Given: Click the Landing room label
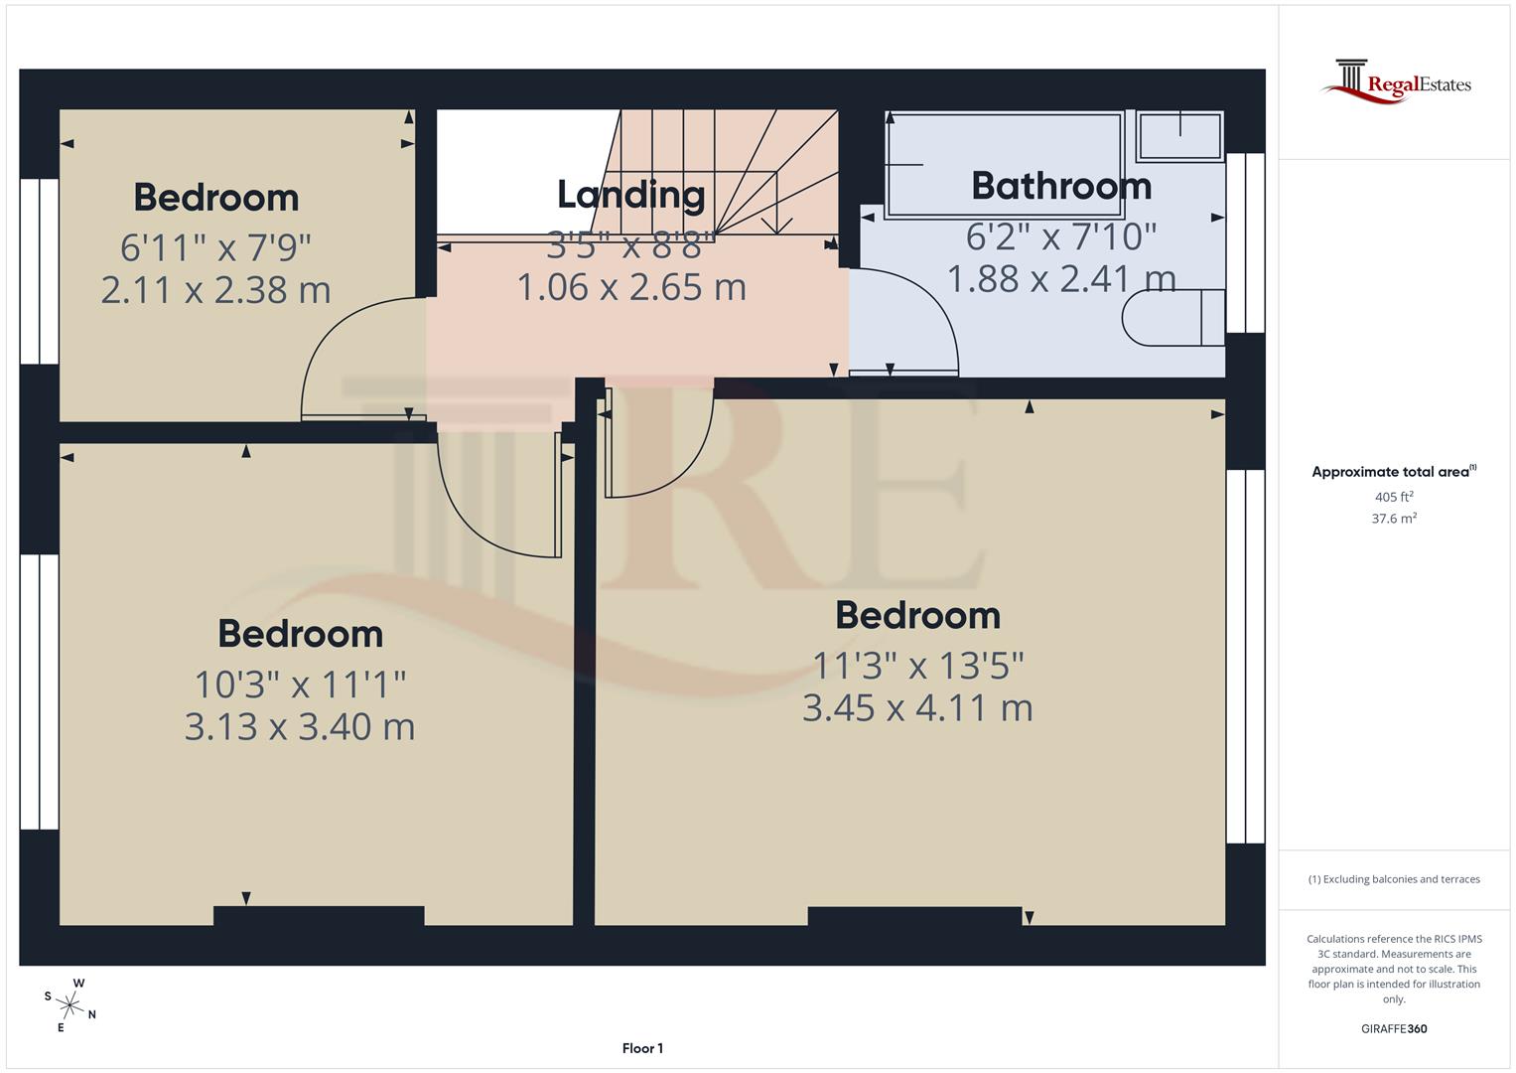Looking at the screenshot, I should tap(630, 195).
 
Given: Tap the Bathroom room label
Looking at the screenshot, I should tap(1060, 186).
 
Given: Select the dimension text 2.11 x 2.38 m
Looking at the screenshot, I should tap(215, 289).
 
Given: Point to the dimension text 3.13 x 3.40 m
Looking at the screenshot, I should tap(300, 726).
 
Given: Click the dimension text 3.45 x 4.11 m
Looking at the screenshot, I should tap(917, 707).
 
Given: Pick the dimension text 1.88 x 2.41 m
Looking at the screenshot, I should tap(1060, 278).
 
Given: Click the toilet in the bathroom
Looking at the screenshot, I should tap(1172, 318).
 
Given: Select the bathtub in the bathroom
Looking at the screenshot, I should tap(1004, 164).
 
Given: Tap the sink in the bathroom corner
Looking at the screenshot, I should tap(1179, 136).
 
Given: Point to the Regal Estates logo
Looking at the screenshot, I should tap(1396, 83).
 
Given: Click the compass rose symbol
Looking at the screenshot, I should tap(70, 1004).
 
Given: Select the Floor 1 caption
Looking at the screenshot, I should tap(642, 1048).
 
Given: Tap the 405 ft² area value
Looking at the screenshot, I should tap(1394, 497).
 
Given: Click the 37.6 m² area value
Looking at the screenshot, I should tap(1394, 518).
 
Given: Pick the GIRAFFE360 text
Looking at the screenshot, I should tap(1394, 1029).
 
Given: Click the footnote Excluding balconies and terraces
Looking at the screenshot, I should tap(1394, 879).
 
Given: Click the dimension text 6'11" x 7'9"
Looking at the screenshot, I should tap(215, 245).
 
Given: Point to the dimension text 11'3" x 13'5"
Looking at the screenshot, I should tap(917, 665).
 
